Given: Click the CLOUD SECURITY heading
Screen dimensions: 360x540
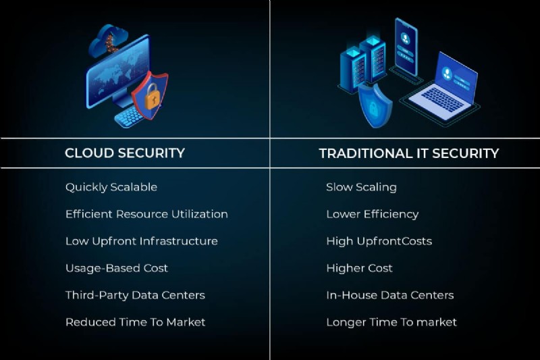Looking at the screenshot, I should (124, 153).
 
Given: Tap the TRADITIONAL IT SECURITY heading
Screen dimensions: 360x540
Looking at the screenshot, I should (408, 153).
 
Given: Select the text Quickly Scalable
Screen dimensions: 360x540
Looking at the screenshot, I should (111, 187).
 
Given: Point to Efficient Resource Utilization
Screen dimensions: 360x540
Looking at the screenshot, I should (146, 214).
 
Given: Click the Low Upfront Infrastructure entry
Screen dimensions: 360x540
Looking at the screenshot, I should (141, 241).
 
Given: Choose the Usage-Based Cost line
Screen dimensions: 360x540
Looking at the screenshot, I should (116, 268).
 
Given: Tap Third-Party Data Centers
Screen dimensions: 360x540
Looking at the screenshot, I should (135, 295).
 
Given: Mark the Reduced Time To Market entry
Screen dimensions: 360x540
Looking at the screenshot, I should (135, 322).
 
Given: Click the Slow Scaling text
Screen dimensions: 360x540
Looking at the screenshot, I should (361, 187).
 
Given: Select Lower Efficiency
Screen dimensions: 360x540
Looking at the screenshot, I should (372, 214).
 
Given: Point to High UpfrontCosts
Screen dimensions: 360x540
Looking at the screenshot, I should (379, 241).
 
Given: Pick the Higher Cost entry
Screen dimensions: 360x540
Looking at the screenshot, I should (359, 268).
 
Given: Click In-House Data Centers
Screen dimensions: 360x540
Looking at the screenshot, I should (389, 295).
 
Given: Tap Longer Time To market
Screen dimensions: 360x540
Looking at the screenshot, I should (391, 322).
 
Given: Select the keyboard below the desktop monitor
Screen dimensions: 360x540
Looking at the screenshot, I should (128, 117).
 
